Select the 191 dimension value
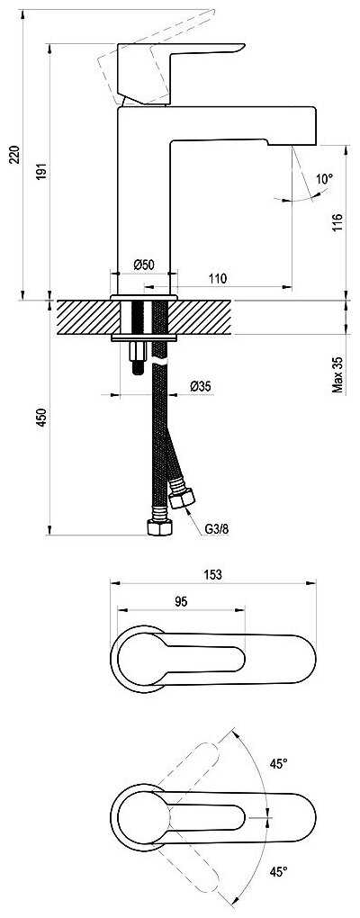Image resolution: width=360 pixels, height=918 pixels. click(41, 170)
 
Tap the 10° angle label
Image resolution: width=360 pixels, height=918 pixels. click(324, 178)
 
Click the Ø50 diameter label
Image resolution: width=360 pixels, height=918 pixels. click(143, 265)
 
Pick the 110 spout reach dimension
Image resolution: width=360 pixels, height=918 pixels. click(217, 279)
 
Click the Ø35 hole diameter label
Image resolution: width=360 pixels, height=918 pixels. click(200, 386)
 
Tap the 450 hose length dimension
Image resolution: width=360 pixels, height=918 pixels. click(41, 418)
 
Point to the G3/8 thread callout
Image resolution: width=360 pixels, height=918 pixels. click(217, 528)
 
